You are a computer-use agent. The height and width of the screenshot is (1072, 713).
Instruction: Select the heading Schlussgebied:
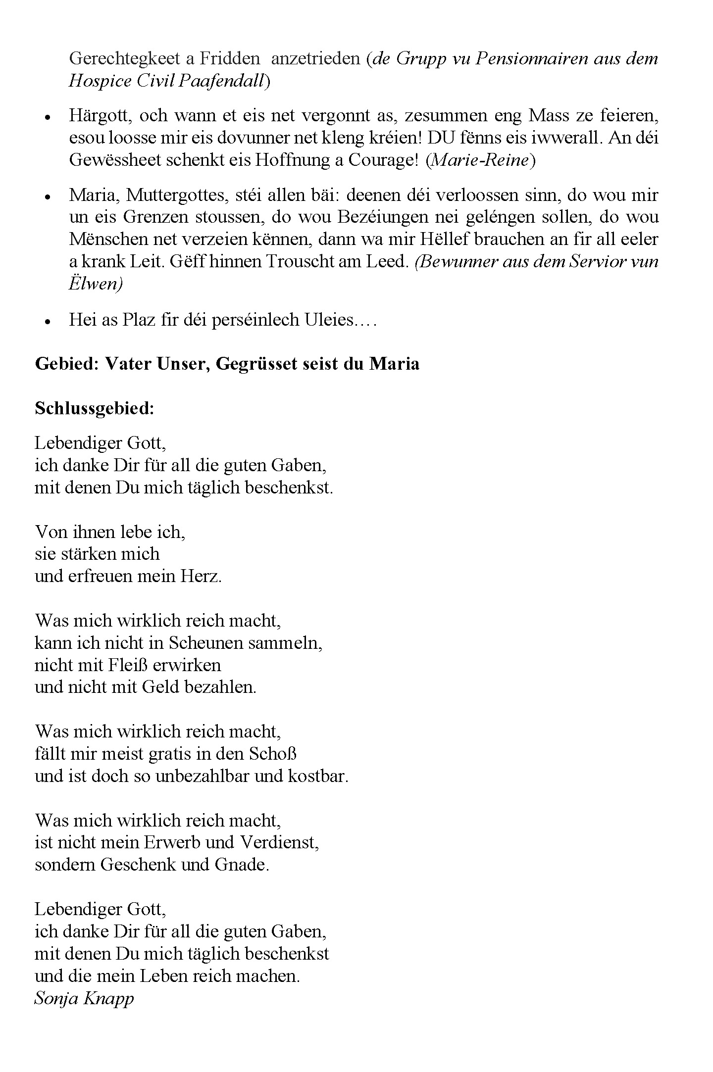coord(95,408)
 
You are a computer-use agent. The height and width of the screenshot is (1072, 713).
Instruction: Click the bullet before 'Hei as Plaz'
coord(48,321)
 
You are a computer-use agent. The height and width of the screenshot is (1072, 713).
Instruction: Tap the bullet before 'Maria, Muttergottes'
coord(48,196)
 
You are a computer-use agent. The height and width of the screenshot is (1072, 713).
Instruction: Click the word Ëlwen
coord(96,284)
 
